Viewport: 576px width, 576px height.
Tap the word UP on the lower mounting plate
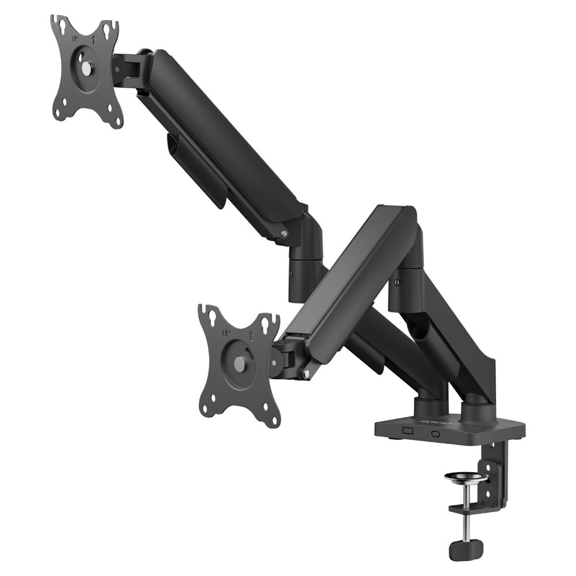click(x=225, y=332)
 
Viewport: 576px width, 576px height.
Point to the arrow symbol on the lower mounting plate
click(x=251, y=332)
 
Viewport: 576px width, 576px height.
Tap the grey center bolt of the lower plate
click(x=239, y=361)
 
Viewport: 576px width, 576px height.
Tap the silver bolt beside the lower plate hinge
click(x=305, y=373)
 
